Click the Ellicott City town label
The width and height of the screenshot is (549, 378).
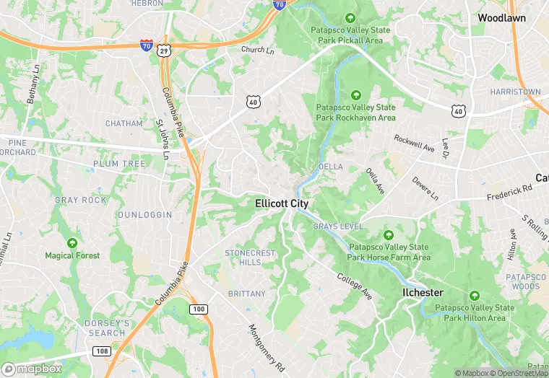pyautogui.click(x=282, y=204)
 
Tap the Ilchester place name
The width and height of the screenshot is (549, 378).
pyautogui.click(x=423, y=292)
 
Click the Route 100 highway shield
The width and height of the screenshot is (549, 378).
pyautogui.click(x=198, y=309)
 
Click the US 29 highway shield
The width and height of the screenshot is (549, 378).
pyautogui.click(x=165, y=50)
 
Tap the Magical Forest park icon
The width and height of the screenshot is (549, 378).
pyautogui.click(x=72, y=243)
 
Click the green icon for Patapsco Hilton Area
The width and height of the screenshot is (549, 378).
pyautogui.click(x=475, y=296)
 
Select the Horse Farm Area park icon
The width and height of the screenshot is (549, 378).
pyautogui.click(x=389, y=235)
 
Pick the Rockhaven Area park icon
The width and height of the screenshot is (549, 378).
pyautogui.click(x=355, y=95)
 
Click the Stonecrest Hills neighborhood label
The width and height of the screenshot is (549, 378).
pyautogui.click(x=250, y=258)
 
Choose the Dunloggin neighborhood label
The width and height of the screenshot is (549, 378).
pyautogui.click(x=145, y=215)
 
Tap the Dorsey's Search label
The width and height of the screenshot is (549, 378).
pyautogui.click(x=107, y=328)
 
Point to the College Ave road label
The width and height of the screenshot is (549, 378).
pyautogui.click(x=354, y=286)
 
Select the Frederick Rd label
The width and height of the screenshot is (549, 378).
pyautogui.click(x=509, y=191)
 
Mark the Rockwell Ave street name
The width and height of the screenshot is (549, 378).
pyautogui.click(x=414, y=143)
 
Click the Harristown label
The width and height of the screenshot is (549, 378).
pyautogui.click(x=515, y=92)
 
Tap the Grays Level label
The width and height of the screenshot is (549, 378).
pyautogui.click(x=337, y=227)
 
